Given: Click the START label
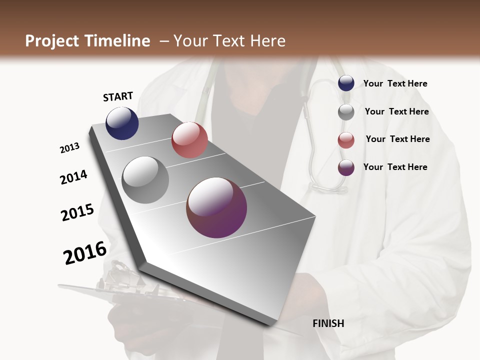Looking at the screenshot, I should point(118,96).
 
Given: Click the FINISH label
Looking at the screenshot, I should point(328,323).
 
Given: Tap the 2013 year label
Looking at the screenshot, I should point(70,147).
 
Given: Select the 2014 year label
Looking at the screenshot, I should point(73,177).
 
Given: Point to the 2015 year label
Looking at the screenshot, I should point(77,212).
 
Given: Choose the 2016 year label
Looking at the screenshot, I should point(85,252).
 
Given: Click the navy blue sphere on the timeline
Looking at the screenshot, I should point(122,123).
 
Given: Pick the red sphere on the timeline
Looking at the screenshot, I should point(189,140).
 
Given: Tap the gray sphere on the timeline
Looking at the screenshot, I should point(145,179).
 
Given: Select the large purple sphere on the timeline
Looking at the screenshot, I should point(216,207).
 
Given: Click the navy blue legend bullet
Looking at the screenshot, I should point(346,83).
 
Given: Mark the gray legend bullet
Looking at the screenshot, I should point(346,112).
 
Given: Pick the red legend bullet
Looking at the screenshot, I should point(346,140).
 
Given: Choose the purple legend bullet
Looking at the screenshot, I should point(346,167).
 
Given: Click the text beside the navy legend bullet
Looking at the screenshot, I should point(395,83).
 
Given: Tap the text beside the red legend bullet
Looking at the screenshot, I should point(397,139).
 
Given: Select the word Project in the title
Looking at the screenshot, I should point(51,41).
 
